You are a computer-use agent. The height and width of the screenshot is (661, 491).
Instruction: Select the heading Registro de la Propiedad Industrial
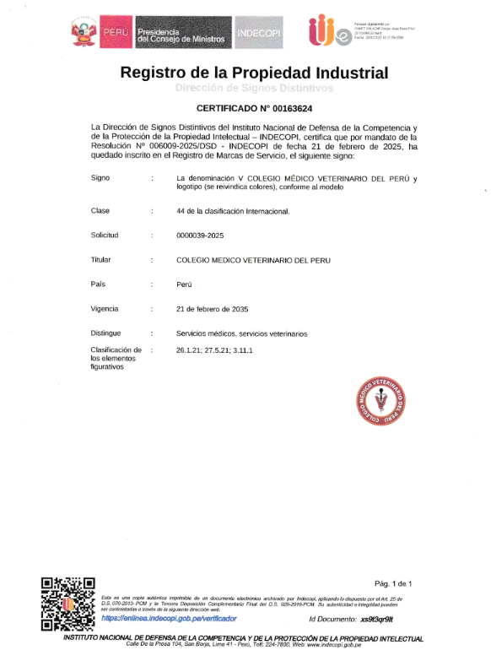(254, 73)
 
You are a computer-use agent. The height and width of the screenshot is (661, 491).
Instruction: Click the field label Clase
(101, 210)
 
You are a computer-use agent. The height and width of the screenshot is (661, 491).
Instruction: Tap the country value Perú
(185, 284)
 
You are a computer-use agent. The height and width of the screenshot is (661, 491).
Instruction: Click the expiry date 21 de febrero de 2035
(212, 309)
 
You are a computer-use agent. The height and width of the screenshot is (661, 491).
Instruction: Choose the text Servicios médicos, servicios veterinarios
(241, 333)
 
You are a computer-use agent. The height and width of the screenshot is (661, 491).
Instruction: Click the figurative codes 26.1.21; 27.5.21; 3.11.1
(215, 349)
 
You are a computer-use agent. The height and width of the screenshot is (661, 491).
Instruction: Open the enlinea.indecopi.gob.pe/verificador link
(169, 619)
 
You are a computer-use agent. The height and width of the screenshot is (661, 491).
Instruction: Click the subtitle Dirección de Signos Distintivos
(254, 88)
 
